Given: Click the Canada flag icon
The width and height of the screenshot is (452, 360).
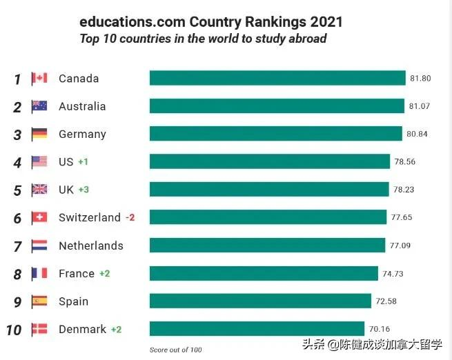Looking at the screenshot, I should pyautogui.click(x=39, y=79).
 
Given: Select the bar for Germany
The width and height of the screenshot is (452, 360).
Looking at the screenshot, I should pyautogui.click(x=275, y=134).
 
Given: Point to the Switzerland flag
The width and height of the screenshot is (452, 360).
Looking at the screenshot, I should pyautogui.click(x=39, y=218).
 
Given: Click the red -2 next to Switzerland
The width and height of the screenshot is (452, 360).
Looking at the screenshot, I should pyautogui.click(x=130, y=218).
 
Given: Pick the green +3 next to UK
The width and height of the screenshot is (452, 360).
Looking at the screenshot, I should pyautogui.click(x=83, y=190).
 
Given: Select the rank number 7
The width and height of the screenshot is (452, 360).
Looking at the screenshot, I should pyautogui.click(x=18, y=246).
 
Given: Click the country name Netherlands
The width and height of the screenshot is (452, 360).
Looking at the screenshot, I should pyautogui.click(x=90, y=246).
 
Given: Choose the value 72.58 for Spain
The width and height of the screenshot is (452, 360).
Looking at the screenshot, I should pyautogui.click(x=386, y=301).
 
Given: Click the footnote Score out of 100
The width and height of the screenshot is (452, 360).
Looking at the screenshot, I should pyautogui.click(x=176, y=350).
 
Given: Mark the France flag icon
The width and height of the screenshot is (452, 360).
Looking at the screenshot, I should pyautogui.click(x=39, y=274).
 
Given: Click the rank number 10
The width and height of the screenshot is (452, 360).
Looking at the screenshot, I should pyautogui.click(x=14, y=330).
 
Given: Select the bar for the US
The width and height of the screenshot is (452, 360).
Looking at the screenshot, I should pyautogui.click(x=269, y=161).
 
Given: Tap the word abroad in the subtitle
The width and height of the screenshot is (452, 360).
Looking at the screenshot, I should pyautogui.click(x=304, y=39).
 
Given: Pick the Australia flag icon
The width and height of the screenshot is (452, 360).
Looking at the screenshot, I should pyautogui.click(x=39, y=106).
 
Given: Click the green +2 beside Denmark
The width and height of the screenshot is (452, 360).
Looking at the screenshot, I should pyautogui.click(x=116, y=330).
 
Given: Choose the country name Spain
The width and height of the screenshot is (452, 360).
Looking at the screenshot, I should pyautogui.click(x=73, y=301).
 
